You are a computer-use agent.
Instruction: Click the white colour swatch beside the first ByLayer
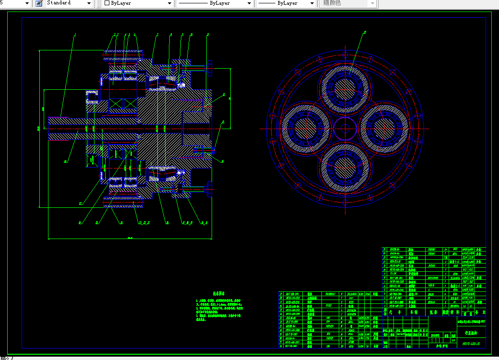tap(107, 3)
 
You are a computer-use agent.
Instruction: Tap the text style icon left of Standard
tap(39, 3)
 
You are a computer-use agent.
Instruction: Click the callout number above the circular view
tap(365, 32)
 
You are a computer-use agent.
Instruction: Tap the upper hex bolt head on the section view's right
tap(210, 67)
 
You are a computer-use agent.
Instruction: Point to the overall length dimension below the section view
tap(130, 238)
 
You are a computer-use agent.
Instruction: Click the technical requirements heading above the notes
tap(219, 293)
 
